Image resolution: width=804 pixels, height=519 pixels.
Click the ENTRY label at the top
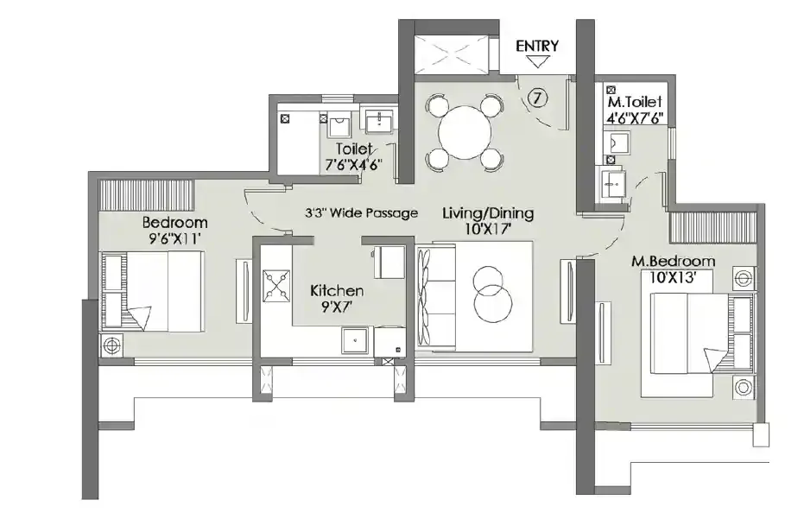[537, 46]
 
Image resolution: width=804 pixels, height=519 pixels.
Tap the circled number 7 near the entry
[537, 98]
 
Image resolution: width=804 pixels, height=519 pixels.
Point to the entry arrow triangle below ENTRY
[537, 61]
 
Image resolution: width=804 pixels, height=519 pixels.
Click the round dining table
[465, 133]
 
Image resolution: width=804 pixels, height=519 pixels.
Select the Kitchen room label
[337, 291]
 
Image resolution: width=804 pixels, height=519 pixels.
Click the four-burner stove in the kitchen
[276, 285]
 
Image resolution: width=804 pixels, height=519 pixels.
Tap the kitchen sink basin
[355, 340]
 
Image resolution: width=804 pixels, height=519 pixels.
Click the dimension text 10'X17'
[488, 229]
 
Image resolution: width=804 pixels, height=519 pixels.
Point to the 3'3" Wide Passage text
[362, 212]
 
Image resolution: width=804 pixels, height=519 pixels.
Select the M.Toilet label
[635, 102]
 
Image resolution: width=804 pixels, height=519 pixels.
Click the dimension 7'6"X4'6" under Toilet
[354, 165]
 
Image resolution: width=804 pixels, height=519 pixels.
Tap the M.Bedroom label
[673, 261]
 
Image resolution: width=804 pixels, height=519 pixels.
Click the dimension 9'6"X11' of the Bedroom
[171, 238]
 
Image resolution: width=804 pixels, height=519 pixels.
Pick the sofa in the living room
[436, 297]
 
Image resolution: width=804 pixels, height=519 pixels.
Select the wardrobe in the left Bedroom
[146, 194]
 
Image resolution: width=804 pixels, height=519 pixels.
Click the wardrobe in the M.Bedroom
[713, 227]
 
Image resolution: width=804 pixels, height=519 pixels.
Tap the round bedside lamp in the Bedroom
[111, 345]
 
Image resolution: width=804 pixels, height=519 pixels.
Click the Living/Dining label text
[488, 212]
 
